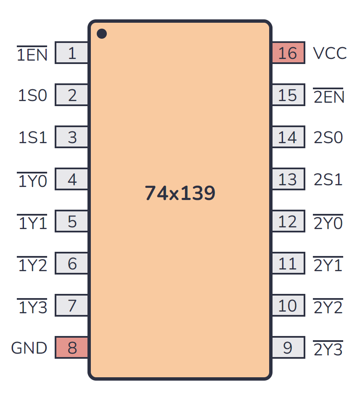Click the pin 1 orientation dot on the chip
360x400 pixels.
pyautogui.click(x=102, y=34)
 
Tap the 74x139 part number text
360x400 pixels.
pyautogui.click(x=180, y=193)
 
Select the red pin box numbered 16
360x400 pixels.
pyautogui.click(x=288, y=53)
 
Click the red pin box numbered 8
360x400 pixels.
pyautogui.click(x=72, y=348)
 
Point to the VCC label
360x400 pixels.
pyautogui.click(x=330, y=53)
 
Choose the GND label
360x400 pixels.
pyautogui.click(x=29, y=348)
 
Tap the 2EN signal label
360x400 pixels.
pyautogui.click(x=329, y=96)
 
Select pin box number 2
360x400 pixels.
pyautogui.click(x=72, y=95)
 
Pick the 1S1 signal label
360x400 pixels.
pyautogui.click(x=32, y=138)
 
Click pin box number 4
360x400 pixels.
pyautogui.click(x=72, y=179)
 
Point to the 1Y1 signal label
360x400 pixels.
pyautogui.click(x=32, y=223)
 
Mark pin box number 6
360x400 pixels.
pyautogui.click(x=72, y=264)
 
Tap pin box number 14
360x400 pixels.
pyautogui.click(x=288, y=137)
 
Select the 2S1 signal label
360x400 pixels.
pyautogui.click(x=328, y=180)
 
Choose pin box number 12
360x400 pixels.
pyautogui.click(x=288, y=221)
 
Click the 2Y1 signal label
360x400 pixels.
pyautogui.click(x=328, y=265)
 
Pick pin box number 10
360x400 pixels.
pyautogui.click(x=288, y=306)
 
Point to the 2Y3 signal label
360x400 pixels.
pyautogui.click(x=328, y=349)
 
